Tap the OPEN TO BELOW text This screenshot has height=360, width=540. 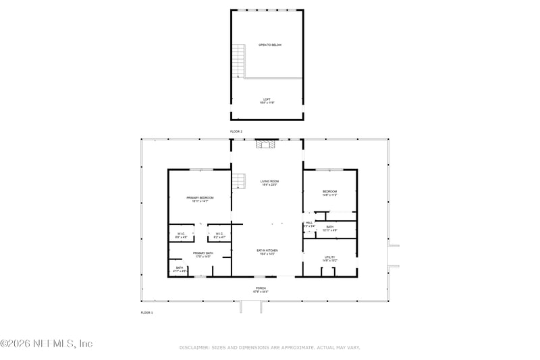[269, 45]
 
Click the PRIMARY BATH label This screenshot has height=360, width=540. [202, 255]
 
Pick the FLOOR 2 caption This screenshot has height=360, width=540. [236, 132]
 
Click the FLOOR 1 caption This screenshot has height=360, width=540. [147, 313]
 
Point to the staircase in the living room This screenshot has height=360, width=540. [239, 182]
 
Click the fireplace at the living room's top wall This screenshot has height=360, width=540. [263, 144]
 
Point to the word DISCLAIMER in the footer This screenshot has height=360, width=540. [194, 347]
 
